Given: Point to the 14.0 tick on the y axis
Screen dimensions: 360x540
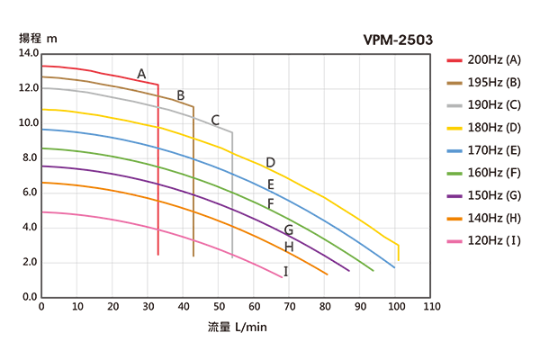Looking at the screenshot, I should [x=27, y=54].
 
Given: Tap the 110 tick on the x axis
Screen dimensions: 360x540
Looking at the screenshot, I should [x=431, y=307].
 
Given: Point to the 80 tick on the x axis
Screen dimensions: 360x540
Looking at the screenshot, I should [x=325, y=307].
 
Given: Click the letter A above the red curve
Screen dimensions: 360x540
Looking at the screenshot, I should [x=141, y=73].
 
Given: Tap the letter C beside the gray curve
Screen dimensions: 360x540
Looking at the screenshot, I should [x=215, y=120].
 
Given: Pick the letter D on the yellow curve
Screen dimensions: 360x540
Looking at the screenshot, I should [x=270, y=163].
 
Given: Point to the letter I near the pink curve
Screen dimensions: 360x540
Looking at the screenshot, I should [x=286, y=271].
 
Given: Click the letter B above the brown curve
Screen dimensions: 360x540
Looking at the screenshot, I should [x=181, y=95].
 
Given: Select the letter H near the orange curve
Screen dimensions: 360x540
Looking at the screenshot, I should [x=289, y=247].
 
